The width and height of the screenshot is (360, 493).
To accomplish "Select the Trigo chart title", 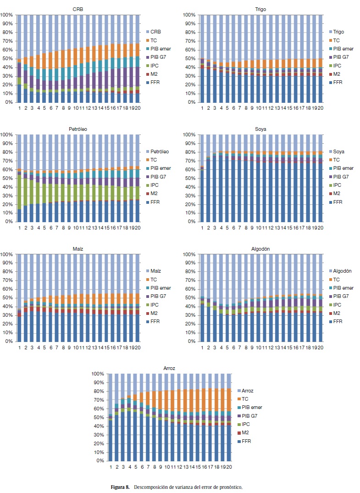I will [x=260, y=9].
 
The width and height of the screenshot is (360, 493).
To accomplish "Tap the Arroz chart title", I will [x=169, y=368].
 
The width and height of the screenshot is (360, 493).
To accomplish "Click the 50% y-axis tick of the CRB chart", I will [x=7, y=59].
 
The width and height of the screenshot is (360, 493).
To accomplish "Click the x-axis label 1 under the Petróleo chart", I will [x=19, y=227].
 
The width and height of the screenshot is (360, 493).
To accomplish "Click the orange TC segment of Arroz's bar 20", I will [x=228, y=395].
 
